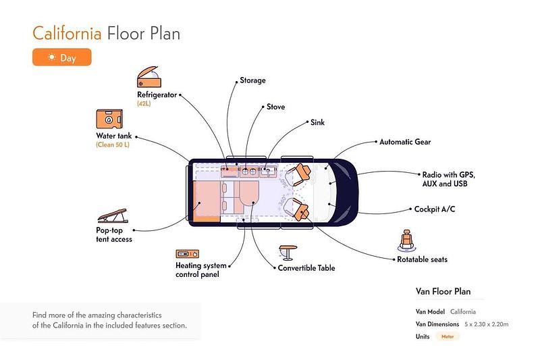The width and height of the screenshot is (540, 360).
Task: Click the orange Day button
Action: point(61,58)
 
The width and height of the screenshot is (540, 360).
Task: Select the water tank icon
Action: point(109,120)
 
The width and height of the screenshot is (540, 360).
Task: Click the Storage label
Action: point(252,81)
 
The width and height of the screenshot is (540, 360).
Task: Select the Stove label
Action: point(275,107)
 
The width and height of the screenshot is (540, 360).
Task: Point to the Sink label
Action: point(317,123)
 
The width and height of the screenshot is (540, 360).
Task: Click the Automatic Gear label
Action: point(405,143)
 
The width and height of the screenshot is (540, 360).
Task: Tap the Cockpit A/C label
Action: point(435,209)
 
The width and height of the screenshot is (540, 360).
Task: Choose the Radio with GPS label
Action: point(444,174)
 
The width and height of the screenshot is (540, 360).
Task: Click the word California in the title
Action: point(67,32)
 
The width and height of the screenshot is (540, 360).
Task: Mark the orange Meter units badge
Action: point(447,336)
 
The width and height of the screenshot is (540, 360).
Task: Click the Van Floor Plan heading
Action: point(443,292)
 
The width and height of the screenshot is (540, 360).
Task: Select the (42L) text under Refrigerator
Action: point(144,104)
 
